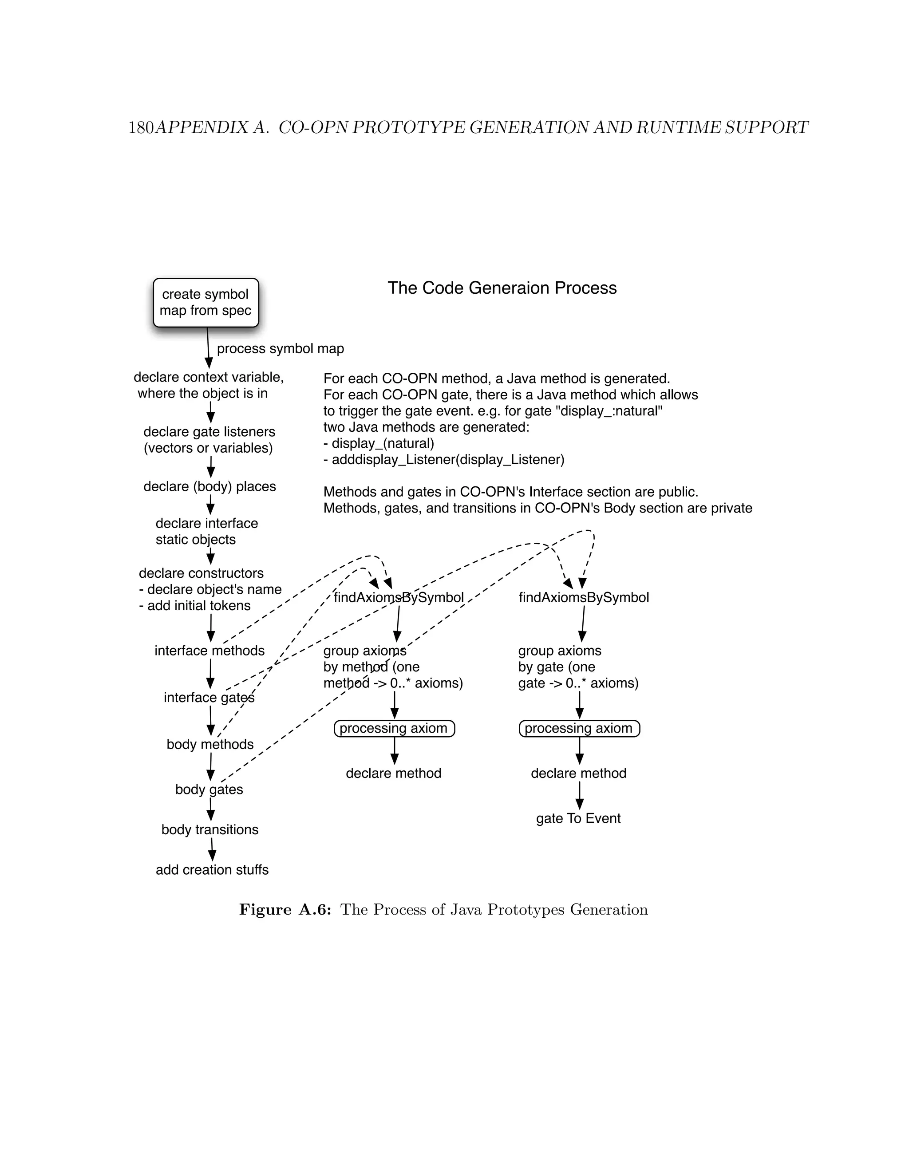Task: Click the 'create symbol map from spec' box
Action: pyautogui.click(x=206, y=303)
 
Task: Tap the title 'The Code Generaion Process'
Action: pyautogui.click(x=502, y=288)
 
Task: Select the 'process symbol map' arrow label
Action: pyautogui.click(x=280, y=348)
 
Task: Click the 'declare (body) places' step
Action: pyautogui.click(x=209, y=486)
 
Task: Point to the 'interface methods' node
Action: pyautogui.click(x=209, y=651)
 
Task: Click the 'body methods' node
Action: pyautogui.click(x=210, y=744)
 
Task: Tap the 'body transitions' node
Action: pyautogui.click(x=210, y=829)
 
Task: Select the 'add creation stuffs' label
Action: pyautogui.click(x=212, y=870)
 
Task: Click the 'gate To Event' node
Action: pyautogui.click(x=578, y=818)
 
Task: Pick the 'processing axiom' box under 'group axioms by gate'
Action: pyautogui.click(x=579, y=729)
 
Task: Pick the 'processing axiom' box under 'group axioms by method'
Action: pyautogui.click(x=394, y=729)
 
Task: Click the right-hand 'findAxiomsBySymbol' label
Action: pyautogui.click(x=584, y=597)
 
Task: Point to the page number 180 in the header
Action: pyautogui.click(x=141, y=128)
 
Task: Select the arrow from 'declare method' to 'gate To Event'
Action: pyautogui.click(x=579, y=795)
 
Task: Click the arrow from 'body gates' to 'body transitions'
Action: pyautogui.click(x=210, y=809)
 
